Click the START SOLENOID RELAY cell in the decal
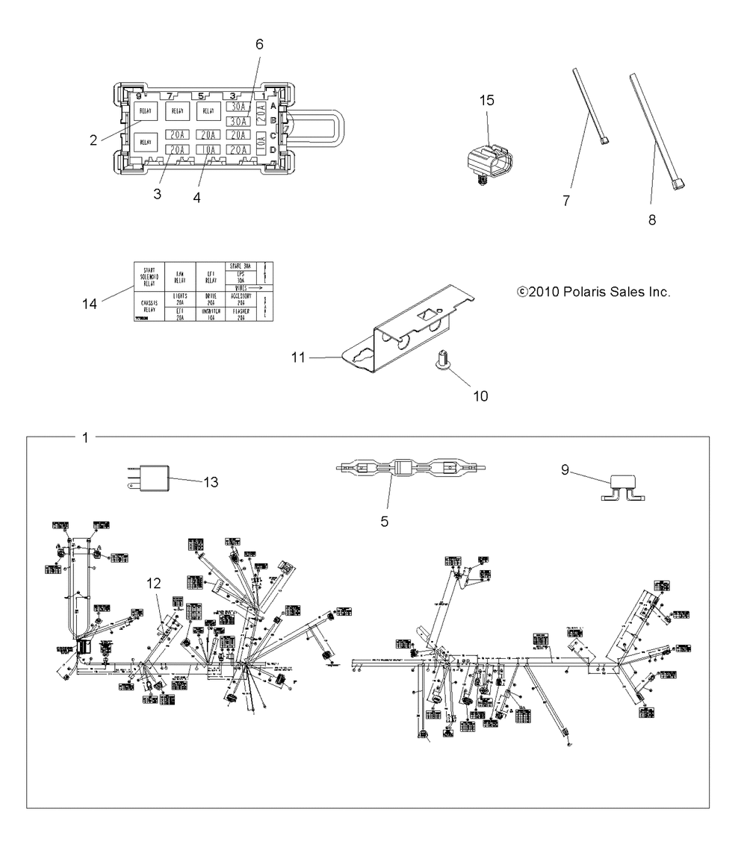[x=148, y=277]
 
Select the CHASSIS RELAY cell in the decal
[x=148, y=306]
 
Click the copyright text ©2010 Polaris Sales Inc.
[x=593, y=293]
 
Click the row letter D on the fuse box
[x=273, y=150]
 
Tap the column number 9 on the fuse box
[x=138, y=96]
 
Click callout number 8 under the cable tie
[x=652, y=220]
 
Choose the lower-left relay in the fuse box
[x=145, y=142]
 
